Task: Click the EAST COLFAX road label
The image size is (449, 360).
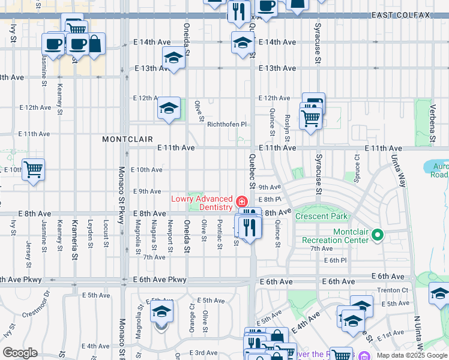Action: tap(401, 15)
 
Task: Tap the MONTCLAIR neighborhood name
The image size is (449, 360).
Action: tap(127, 139)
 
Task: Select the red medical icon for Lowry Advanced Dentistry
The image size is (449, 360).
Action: tap(242, 201)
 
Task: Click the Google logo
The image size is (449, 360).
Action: tap(20, 353)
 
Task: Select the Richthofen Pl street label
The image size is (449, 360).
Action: tap(227, 124)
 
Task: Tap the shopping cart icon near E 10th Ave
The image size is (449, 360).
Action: tap(33, 169)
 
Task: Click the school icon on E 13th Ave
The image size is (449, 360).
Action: tap(173, 58)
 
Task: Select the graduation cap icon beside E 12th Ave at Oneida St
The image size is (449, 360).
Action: tap(169, 109)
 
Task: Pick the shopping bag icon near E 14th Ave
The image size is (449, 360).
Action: tap(95, 44)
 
